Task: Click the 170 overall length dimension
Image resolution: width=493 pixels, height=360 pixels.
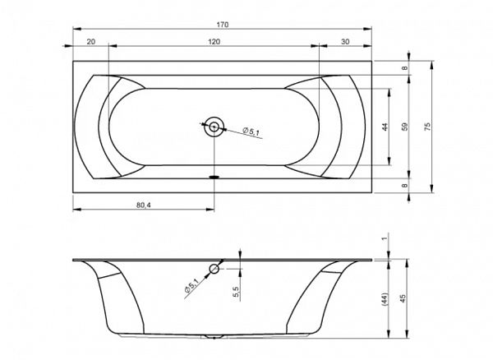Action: [x=223, y=25]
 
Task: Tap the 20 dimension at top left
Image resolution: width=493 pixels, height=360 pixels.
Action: [x=91, y=41]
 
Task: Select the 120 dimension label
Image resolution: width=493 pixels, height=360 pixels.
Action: [x=214, y=41]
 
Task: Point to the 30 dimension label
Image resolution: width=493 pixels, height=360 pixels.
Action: [x=345, y=41]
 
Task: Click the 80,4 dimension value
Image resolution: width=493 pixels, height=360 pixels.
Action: [x=144, y=205]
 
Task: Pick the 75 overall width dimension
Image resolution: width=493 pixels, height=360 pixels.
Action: [x=427, y=127]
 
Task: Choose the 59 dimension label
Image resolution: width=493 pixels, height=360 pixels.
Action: [x=405, y=127]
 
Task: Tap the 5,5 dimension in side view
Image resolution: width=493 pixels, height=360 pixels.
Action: [x=237, y=292]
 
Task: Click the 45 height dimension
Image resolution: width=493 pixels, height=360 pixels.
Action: [x=403, y=298]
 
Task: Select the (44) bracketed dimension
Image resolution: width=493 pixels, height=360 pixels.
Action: [x=385, y=299]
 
